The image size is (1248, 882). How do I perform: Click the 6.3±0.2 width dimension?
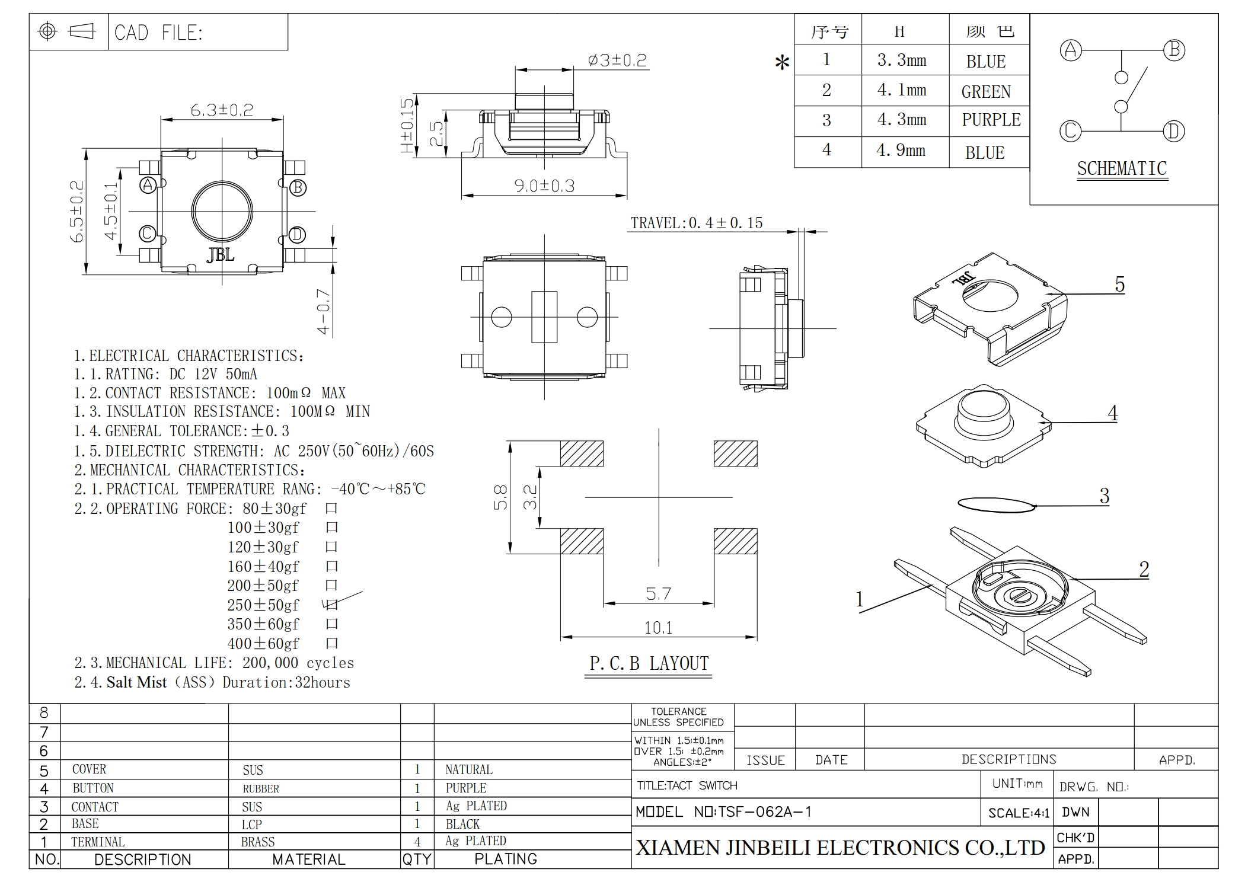point(222,110)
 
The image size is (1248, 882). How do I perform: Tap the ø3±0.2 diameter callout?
point(617,60)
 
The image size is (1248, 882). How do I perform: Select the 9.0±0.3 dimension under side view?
point(544,186)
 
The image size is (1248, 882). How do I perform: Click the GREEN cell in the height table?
point(986,92)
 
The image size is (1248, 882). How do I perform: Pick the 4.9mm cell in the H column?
point(901,151)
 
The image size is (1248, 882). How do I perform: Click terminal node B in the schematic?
point(1173,50)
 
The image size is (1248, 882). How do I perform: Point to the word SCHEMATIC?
point(1122,169)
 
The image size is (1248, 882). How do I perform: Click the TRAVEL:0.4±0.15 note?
point(696,223)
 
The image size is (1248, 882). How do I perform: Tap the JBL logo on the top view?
point(221,255)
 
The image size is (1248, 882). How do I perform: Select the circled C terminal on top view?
point(148,234)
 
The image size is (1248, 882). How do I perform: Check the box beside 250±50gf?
point(332,605)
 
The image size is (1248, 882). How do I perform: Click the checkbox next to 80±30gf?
point(331,508)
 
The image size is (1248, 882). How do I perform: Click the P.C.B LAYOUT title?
point(649,663)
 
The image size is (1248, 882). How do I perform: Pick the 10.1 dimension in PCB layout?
point(658,628)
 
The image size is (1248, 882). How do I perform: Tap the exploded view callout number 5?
point(1119,285)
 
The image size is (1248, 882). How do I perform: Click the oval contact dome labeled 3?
point(996,505)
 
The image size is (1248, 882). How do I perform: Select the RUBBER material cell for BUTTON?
point(261,788)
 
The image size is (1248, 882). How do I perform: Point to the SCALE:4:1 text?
point(1018,813)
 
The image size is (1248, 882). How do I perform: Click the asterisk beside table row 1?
point(782,62)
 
